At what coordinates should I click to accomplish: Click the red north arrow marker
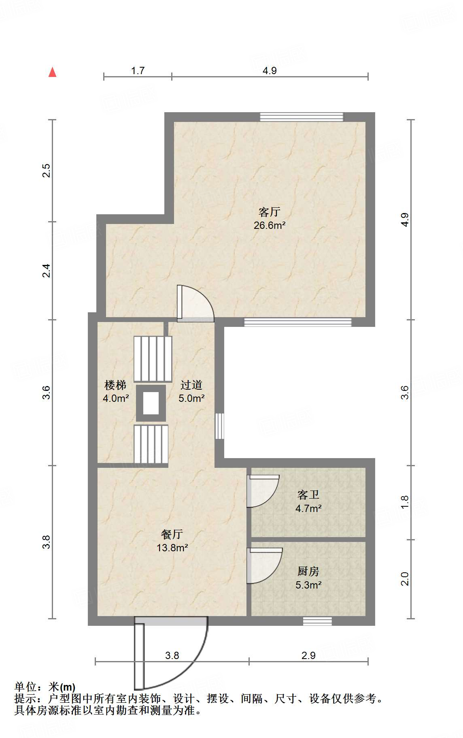(x=52, y=72)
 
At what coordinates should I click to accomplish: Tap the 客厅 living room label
(x=270, y=212)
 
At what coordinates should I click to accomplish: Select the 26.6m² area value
(x=270, y=226)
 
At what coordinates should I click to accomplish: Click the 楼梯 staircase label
(x=115, y=385)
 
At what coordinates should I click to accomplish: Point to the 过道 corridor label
(x=191, y=385)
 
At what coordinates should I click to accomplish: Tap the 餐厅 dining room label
(x=172, y=534)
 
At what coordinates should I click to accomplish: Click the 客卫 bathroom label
(x=308, y=495)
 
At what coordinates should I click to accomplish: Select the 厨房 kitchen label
(x=308, y=571)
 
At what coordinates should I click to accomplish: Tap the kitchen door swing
(x=264, y=566)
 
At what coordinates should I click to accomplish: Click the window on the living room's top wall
(x=302, y=117)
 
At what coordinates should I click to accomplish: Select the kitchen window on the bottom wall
(x=317, y=621)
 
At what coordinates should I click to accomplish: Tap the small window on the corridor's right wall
(x=219, y=426)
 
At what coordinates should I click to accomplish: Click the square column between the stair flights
(x=151, y=403)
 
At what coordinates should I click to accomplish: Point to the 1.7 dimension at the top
(x=138, y=71)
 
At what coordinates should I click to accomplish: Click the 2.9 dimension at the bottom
(x=308, y=655)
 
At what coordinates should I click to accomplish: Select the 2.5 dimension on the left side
(x=47, y=171)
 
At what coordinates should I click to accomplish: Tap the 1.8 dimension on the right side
(x=405, y=502)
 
